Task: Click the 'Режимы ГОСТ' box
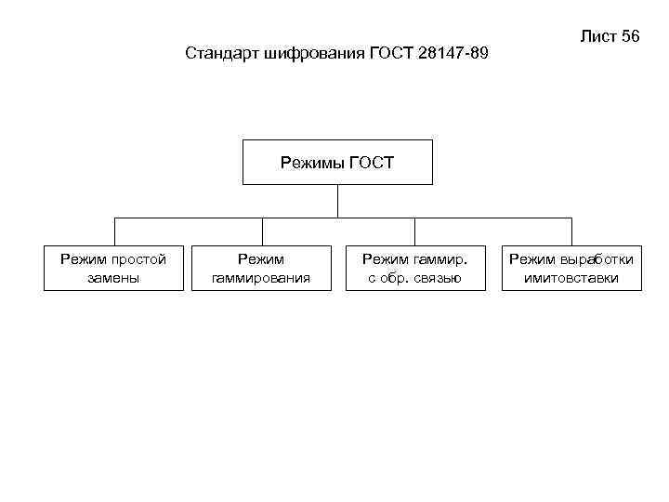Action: [337, 163]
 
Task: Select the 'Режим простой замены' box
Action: [113, 268]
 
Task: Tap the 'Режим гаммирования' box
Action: [261, 268]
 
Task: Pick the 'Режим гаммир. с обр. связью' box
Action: [415, 268]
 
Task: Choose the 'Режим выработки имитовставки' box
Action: [571, 268]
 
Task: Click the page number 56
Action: [630, 37]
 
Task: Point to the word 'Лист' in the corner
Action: [597, 37]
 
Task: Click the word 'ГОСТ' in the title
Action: [389, 53]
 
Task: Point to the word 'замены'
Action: [113, 277]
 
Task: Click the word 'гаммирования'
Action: [261, 277]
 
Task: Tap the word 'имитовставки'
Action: [571, 277]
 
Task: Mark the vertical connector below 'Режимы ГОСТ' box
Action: [337, 201]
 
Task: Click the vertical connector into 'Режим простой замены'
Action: [114, 231]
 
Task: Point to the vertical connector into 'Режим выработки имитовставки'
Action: [571, 231]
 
